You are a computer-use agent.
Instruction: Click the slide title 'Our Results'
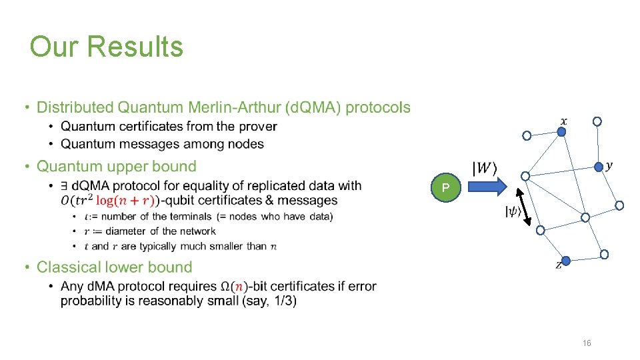(107, 47)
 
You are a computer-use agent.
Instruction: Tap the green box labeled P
(445, 189)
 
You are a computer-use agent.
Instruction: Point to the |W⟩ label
(485, 168)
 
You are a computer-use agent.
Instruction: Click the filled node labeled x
(561, 133)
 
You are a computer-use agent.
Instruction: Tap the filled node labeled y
(599, 167)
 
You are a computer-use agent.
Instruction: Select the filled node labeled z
(566, 260)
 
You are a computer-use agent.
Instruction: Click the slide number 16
(587, 343)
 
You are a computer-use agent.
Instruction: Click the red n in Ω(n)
(241, 287)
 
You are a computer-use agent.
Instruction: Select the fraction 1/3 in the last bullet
(282, 301)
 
